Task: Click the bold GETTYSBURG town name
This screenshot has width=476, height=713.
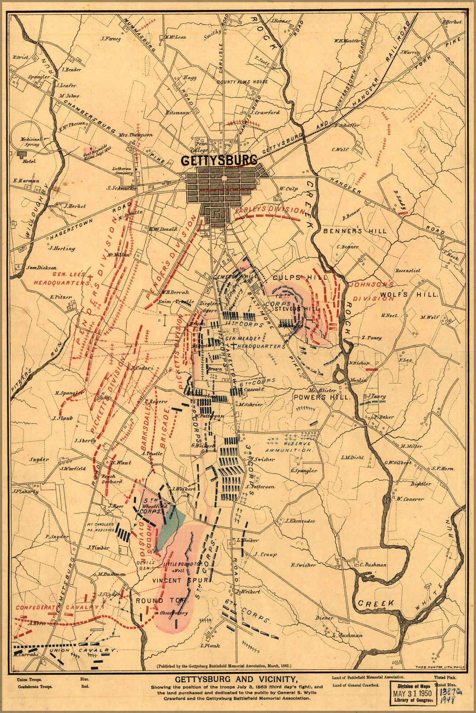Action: (x=219, y=160)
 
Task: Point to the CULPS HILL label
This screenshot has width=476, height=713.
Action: (x=300, y=277)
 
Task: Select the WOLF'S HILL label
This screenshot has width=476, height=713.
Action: (x=409, y=295)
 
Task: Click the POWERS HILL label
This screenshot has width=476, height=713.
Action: (x=322, y=397)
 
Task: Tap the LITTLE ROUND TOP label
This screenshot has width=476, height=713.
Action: (x=182, y=564)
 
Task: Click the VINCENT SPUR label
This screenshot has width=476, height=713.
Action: (x=179, y=580)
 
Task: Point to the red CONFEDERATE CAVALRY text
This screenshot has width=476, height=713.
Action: (x=57, y=607)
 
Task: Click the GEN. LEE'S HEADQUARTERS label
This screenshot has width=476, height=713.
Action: (x=62, y=279)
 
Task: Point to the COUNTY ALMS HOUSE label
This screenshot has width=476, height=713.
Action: (x=242, y=82)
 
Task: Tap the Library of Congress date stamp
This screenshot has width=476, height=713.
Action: (x=414, y=694)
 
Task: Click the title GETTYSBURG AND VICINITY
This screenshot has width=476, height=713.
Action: (x=237, y=679)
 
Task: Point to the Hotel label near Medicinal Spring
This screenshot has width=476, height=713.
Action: (x=29, y=162)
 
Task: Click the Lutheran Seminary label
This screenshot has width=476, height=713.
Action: (x=122, y=171)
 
